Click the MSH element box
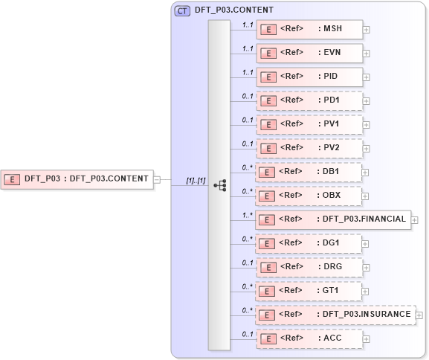[x=309, y=29]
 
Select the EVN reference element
[x=309, y=53]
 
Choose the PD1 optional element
[x=309, y=100]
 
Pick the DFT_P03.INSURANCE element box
[x=335, y=315]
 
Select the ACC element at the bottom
[x=309, y=338]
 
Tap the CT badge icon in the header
[x=182, y=10]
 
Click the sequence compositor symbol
[x=219, y=185]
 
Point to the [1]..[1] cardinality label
[x=196, y=181]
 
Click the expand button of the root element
[x=157, y=179]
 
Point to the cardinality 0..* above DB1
[x=248, y=167]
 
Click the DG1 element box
[x=309, y=243]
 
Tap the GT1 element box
[x=309, y=291]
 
